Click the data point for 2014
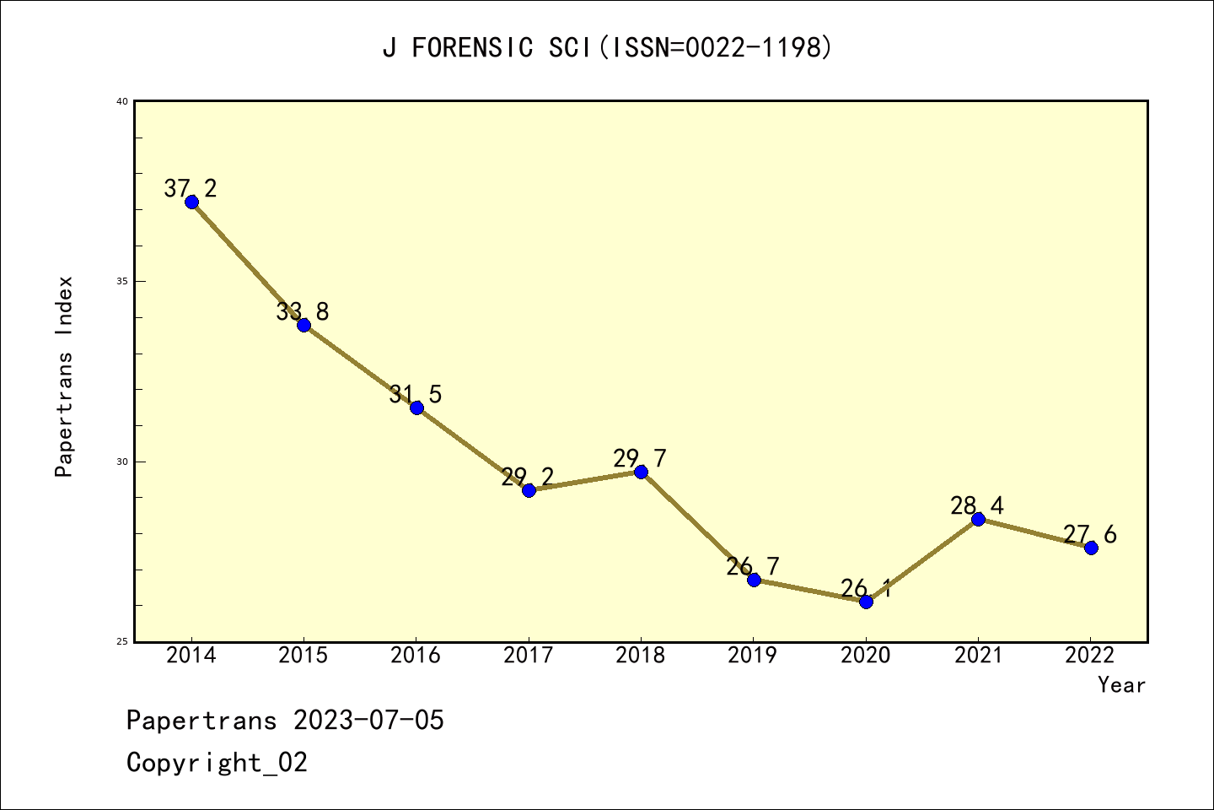tap(191, 202)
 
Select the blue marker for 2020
tap(866, 602)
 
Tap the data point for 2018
tap(641, 472)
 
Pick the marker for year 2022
tap(1091, 548)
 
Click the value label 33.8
tap(303, 311)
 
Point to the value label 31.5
tap(416, 394)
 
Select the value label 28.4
tap(977, 505)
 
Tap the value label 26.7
tap(754, 566)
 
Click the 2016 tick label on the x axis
tap(416, 656)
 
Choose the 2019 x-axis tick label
tap(753, 656)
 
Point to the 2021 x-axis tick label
tap(978, 656)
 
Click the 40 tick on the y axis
tap(121, 101)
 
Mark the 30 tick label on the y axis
tap(121, 462)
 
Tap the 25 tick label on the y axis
tap(121, 642)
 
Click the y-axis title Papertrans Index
tap(64, 376)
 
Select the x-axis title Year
tap(1121, 685)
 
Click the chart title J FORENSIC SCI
tap(607, 48)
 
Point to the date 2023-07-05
tap(368, 721)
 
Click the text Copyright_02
tap(217, 763)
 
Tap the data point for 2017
tap(529, 490)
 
